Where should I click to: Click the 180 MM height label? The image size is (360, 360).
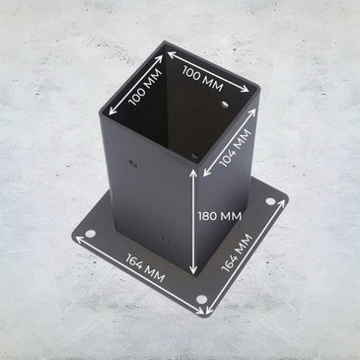[x=219, y=216]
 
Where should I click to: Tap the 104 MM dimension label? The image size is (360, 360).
[x=236, y=148]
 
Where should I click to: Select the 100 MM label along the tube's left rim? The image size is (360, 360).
[x=145, y=87]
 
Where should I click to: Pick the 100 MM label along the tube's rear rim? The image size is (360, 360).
[x=202, y=78]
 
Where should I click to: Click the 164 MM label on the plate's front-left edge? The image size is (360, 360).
[x=145, y=268]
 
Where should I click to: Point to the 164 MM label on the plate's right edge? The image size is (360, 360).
[x=237, y=252]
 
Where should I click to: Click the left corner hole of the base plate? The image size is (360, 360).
[x=90, y=234]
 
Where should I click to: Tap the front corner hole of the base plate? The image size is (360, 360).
[x=202, y=300]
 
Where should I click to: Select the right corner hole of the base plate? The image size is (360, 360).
[x=270, y=201]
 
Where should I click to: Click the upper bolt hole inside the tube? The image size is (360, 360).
[x=225, y=105]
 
